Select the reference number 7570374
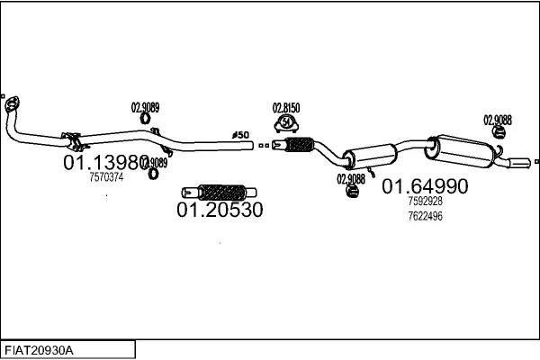106,177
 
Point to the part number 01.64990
425,187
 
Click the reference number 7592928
425,202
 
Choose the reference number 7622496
425,215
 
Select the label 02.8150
285,107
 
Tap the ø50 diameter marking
240,135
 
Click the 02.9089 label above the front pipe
145,107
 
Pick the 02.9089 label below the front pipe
154,163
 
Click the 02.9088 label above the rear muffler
498,119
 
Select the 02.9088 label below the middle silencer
351,178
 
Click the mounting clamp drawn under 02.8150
285,124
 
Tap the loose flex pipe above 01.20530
220,192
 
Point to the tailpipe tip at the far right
521,162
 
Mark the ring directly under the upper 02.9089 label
145,118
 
